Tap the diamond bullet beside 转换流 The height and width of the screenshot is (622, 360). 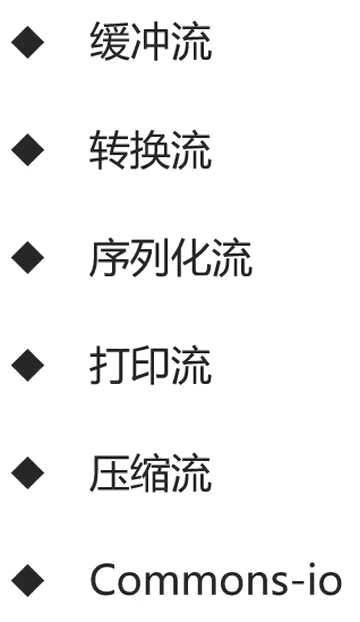pyautogui.click(x=28, y=152)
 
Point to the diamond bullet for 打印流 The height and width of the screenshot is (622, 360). pyautogui.click(x=28, y=366)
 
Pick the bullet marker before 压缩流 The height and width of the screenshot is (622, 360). pyautogui.click(x=28, y=473)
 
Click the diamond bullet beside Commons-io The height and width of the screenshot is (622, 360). pyautogui.click(x=28, y=580)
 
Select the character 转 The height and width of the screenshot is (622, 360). pyautogui.click(x=109, y=152)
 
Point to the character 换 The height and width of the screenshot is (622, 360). pyautogui.click(x=150, y=152)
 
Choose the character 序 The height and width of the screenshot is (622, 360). pyautogui.click(x=109, y=259)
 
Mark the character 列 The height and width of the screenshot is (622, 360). pyautogui.click(x=150, y=259)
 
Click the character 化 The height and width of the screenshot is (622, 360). pyautogui.click(x=191, y=259)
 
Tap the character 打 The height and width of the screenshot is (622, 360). pyautogui.click(x=109, y=366)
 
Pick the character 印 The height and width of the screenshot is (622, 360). pyautogui.click(x=150, y=366)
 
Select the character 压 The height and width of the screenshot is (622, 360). pyautogui.click(x=109, y=473)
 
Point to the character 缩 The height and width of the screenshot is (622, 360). pyautogui.click(x=150, y=473)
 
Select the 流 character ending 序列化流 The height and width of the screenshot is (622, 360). pyautogui.click(x=232, y=259)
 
